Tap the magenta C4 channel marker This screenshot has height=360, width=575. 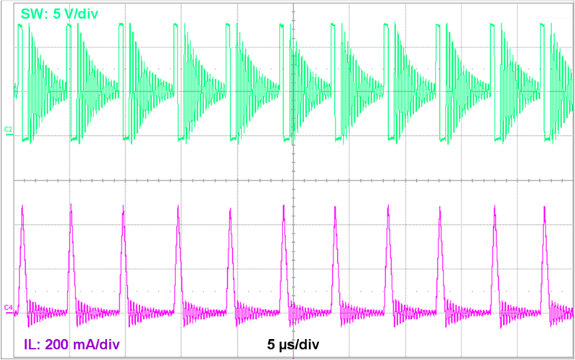8,308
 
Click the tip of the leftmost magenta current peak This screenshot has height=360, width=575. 22,208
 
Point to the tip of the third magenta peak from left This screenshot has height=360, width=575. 124,208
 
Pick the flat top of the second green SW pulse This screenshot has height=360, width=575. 68,25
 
